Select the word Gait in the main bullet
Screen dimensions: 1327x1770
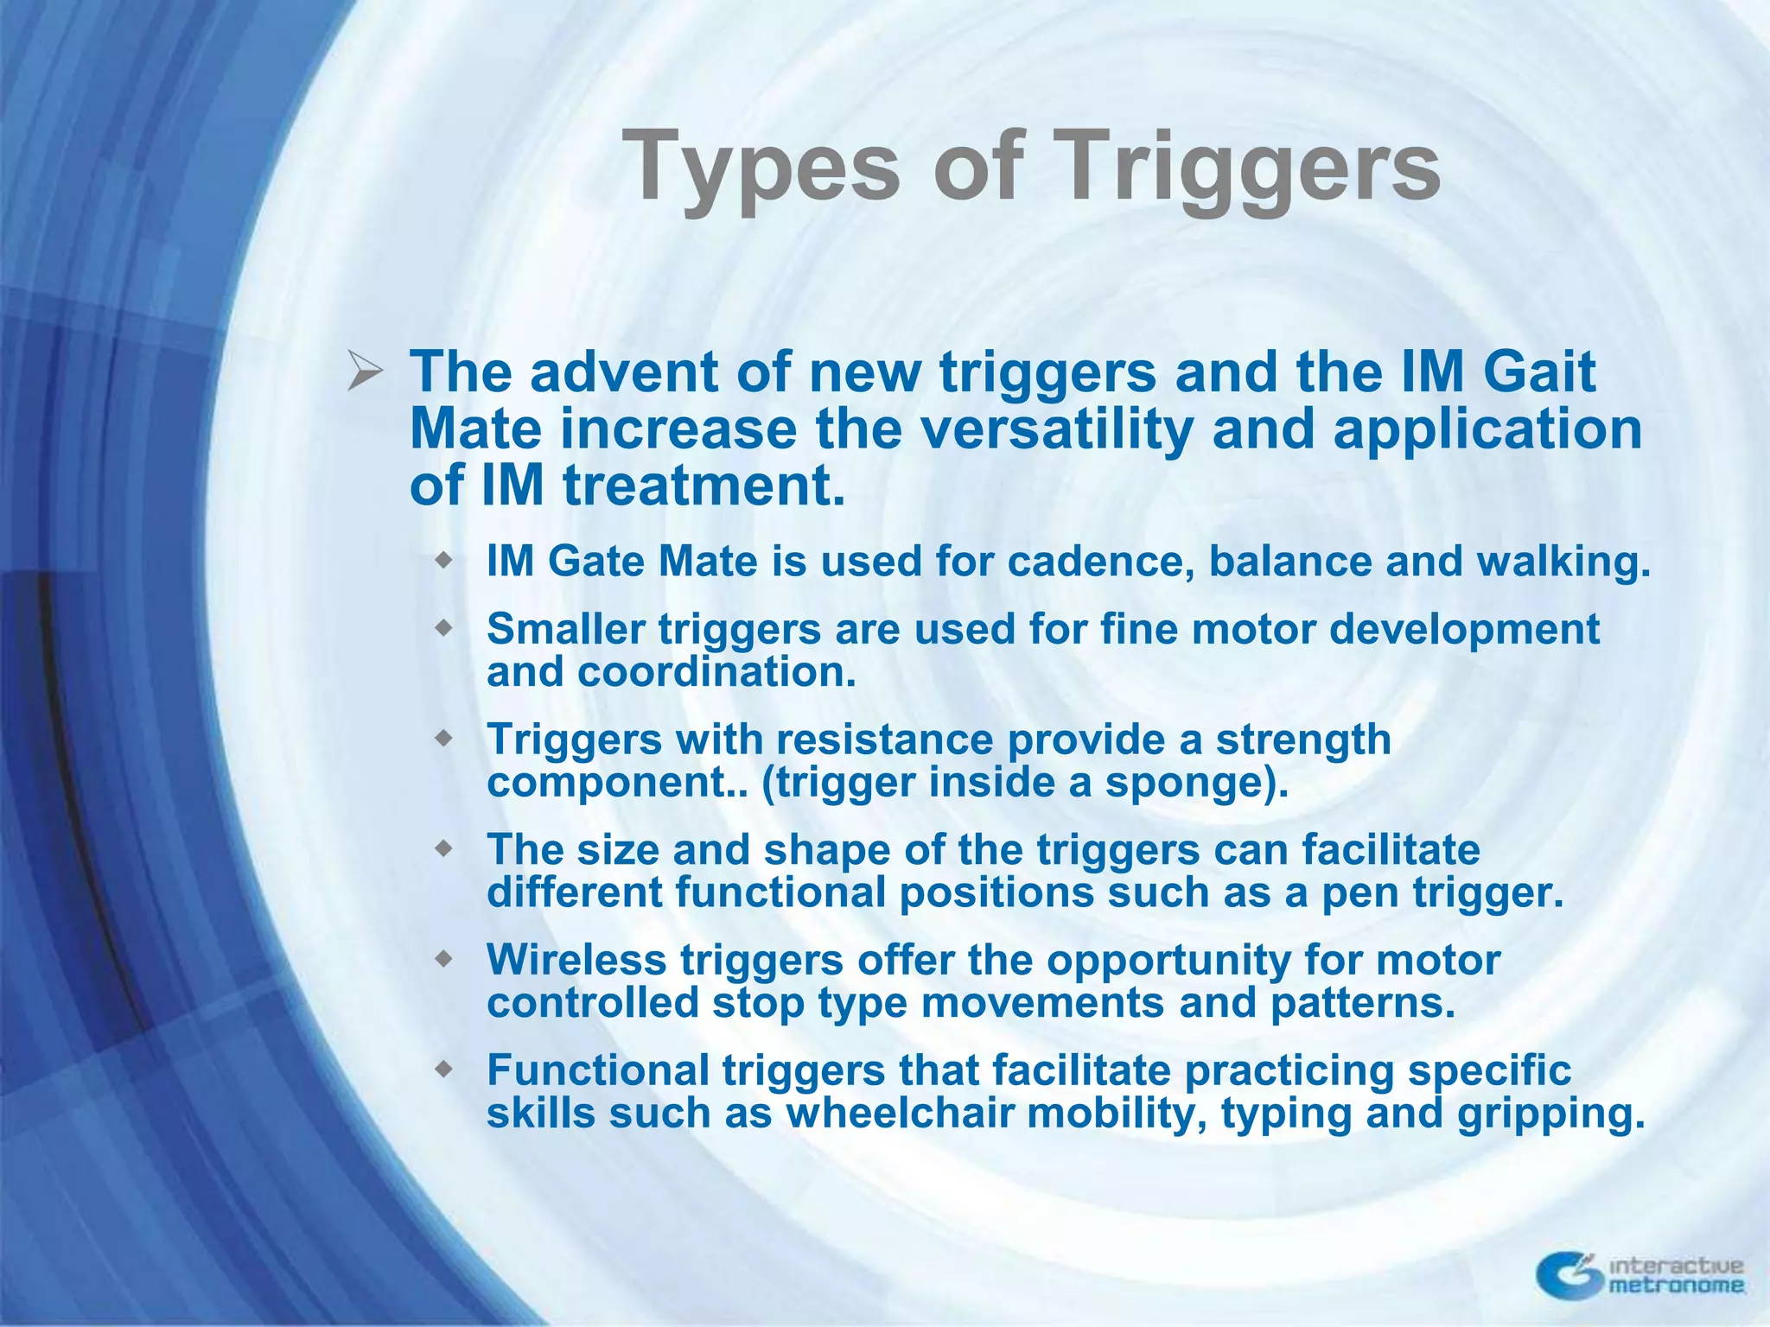click(1538, 372)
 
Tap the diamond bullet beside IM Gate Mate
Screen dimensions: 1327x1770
click(443, 561)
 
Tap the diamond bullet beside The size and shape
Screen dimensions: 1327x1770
click(443, 849)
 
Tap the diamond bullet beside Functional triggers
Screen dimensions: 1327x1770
click(443, 1070)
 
